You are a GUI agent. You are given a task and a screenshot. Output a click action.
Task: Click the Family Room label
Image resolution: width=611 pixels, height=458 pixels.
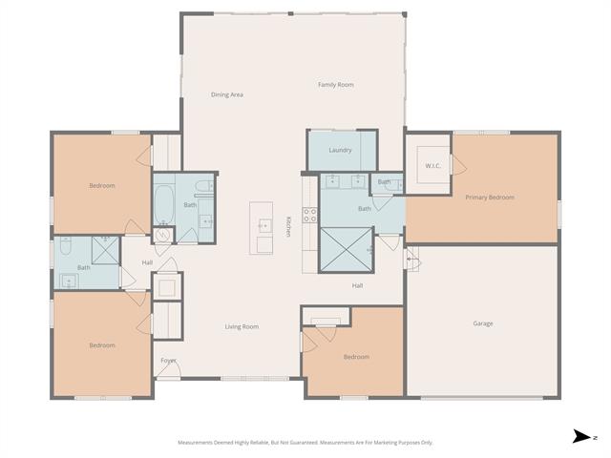pos(335,85)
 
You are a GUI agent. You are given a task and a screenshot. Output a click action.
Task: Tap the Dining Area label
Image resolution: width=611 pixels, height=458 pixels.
pos(227,94)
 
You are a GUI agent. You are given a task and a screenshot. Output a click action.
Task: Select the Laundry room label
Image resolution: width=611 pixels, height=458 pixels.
pos(340,150)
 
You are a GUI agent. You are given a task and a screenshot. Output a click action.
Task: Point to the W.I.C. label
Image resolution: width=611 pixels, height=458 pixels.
pos(432,166)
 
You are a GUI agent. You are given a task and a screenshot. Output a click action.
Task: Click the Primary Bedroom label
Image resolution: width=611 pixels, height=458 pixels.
pos(490,198)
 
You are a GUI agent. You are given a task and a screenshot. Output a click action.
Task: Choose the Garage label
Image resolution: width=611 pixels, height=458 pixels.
pos(483,323)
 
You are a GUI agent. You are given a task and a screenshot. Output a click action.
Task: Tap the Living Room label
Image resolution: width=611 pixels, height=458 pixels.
pos(242,326)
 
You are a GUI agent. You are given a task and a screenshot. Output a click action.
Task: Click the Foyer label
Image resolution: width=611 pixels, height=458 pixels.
pos(168,361)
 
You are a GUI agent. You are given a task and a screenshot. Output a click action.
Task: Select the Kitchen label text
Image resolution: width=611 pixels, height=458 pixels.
pos(288,227)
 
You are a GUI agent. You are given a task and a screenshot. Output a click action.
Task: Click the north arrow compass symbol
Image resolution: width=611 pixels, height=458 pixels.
pos(581,437)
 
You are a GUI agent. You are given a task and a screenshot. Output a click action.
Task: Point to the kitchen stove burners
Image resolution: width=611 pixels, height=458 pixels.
pos(310,216)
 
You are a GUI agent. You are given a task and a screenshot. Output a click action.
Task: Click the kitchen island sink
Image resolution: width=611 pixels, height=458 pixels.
pos(264,226)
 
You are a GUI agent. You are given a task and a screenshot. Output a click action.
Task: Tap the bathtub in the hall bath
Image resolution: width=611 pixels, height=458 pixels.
pos(164,205)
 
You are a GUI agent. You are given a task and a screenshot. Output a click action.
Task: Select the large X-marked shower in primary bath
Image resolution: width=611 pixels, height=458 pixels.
pos(346,249)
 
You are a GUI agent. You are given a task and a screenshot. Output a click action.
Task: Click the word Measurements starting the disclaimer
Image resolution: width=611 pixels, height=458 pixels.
pos(195,443)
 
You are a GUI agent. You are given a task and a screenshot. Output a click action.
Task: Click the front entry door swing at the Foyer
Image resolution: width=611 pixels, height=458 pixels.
pos(168,369)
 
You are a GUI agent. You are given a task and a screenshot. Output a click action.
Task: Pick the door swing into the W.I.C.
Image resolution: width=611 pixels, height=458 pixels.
pos(458,164)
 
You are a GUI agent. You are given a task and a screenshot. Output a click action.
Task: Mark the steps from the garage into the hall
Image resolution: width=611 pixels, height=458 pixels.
pos(411,259)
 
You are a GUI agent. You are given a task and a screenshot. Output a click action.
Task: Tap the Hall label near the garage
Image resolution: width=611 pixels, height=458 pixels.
pos(357,286)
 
